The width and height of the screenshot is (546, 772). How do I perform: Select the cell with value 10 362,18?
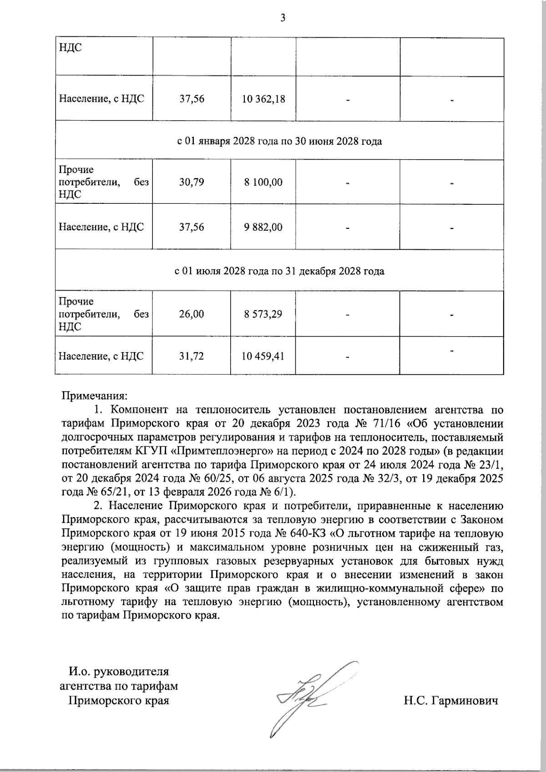click(x=263, y=99)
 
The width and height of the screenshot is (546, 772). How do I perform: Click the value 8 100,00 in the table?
click(x=263, y=182)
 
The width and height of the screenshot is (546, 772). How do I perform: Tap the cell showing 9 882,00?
click(x=263, y=227)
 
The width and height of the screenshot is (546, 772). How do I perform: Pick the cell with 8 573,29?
click(x=263, y=314)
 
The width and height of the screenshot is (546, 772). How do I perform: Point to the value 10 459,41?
click(x=263, y=356)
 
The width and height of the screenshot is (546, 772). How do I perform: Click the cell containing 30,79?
click(x=192, y=182)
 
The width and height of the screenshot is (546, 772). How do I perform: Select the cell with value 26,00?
click(x=192, y=314)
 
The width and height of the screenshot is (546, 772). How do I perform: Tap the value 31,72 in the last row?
click(x=192, y=356)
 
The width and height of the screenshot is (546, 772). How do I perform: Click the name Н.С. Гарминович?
click(x=450, y=701)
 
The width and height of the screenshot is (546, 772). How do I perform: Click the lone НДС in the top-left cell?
click(x=70, y=47)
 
